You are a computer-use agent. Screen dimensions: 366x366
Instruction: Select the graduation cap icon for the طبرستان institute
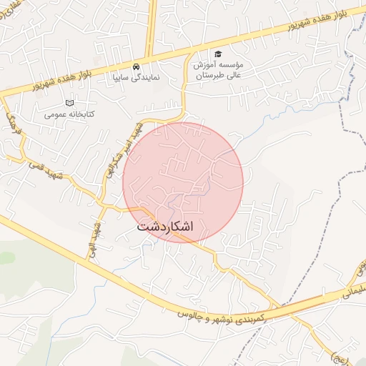(218, 54)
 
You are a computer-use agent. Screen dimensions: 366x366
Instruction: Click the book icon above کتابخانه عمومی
(69, 103)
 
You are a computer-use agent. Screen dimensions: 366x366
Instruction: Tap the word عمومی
(54, 114)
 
